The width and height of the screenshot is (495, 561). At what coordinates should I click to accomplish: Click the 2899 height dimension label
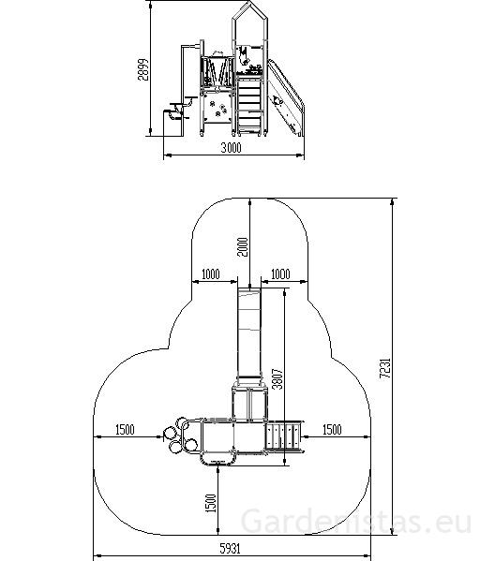143,69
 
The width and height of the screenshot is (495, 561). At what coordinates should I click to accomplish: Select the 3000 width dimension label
231,147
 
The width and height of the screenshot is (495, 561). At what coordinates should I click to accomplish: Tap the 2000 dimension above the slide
243,247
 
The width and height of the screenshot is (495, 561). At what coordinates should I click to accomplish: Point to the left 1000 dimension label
211,274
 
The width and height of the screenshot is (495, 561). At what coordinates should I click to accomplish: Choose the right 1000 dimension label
280,274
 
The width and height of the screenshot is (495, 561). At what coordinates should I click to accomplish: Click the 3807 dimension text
277,378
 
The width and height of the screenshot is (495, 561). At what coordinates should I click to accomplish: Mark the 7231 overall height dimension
385,368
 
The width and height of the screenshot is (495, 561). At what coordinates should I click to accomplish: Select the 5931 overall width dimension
230,548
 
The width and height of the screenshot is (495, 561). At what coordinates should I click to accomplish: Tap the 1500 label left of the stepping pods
125,429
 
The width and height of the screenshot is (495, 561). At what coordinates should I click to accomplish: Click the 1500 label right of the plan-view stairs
332,429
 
